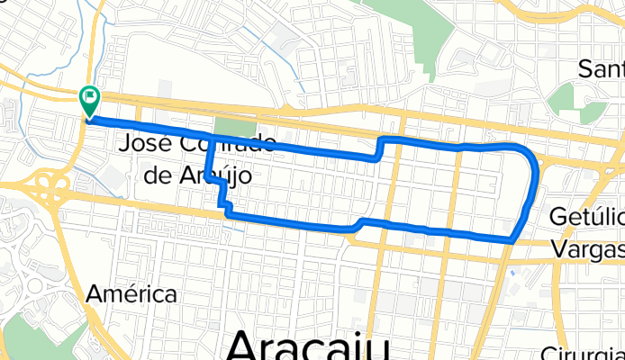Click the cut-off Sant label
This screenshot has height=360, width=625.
pos(601,68)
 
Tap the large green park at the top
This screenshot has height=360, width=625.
pos(405,27)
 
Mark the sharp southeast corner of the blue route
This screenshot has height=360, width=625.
pos(512,240)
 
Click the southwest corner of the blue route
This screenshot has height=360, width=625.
pos(226,214)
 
